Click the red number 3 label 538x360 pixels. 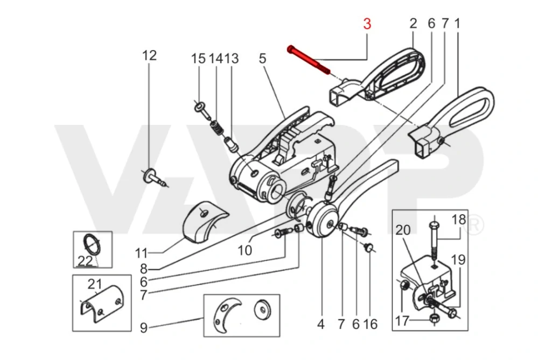coord(367,24)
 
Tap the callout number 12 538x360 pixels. coord(149,55)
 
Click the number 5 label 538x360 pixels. coord(262,58)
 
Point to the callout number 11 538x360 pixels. coord(141,253)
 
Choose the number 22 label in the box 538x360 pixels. coord(85,260)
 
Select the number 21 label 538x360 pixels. coord(95,284)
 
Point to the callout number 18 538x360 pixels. coord(458,219)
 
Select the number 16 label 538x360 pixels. coord(371,324)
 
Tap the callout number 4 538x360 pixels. coord(321,324)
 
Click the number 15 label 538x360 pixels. coord(199,58)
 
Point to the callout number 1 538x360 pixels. coord(458,24)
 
